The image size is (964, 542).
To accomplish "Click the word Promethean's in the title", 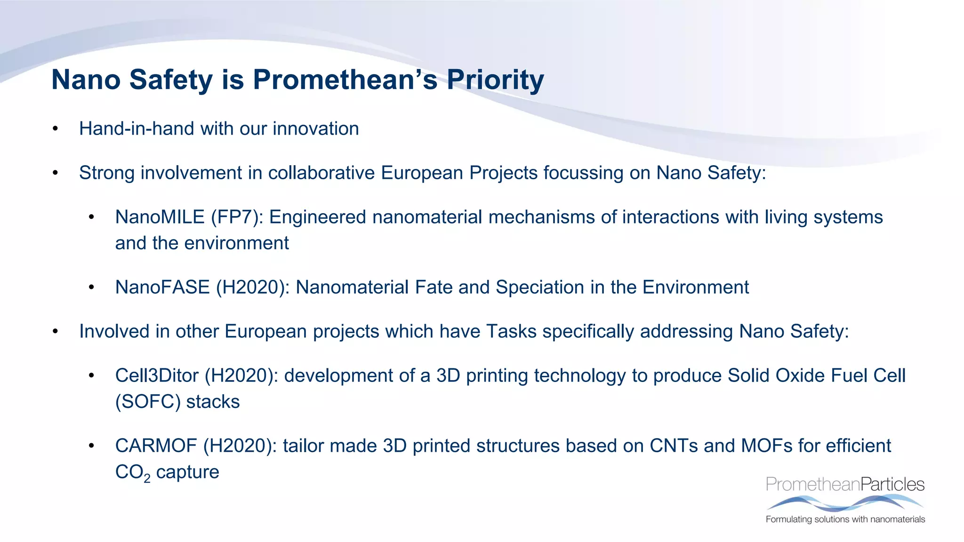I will [x=345, y=80].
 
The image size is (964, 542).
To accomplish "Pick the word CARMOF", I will [x=156, y=446].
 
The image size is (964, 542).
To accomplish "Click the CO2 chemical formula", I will [x=133, y=472].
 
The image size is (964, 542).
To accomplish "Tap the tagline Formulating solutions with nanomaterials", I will [x=845, y=519].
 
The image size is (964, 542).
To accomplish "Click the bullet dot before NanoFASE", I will [x=91, y=287].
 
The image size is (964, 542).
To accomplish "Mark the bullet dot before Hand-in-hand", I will [x=56, y=129].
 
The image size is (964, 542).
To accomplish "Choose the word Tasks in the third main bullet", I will [x=511, y=332].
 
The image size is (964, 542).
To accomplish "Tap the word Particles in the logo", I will [x=892, y=484].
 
